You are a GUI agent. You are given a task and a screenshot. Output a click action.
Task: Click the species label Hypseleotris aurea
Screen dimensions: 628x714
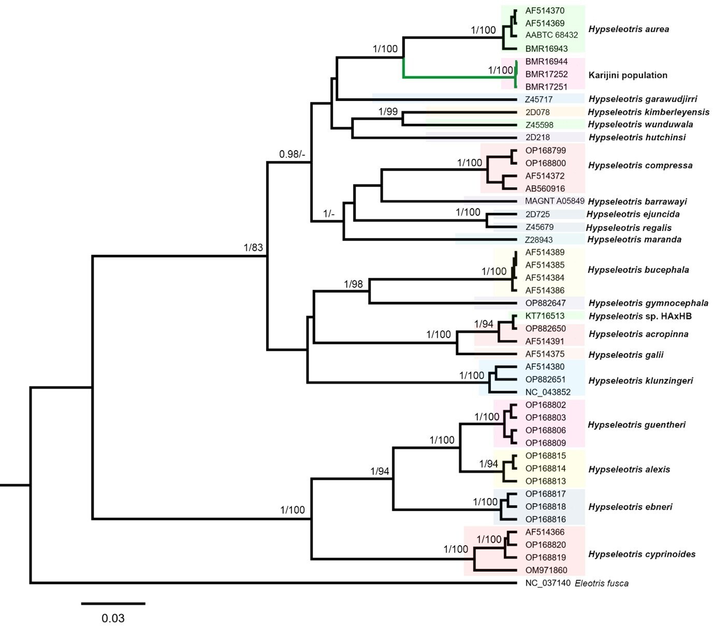[x=628, y=30]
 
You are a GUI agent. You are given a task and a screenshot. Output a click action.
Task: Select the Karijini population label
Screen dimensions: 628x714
[x=628, y=75]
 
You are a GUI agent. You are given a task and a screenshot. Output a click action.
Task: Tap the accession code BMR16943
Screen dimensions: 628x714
[x=546, y=49]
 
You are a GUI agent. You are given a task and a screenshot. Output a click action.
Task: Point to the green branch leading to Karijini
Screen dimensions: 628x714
[x=456, y=77]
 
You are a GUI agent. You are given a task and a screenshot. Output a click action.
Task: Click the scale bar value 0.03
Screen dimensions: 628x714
[x=113, y=618]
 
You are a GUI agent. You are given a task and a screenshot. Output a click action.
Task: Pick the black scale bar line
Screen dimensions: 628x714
[x=113, y=603]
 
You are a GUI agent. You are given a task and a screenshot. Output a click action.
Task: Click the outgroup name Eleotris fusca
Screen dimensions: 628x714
[x=602, y=583]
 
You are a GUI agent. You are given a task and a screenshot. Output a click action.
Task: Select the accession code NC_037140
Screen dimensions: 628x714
[x=548, y=583]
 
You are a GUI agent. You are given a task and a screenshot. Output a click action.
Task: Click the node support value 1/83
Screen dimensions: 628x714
[x=253, y=248]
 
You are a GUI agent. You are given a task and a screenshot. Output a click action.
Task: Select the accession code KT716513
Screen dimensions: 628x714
[x=545, y=316]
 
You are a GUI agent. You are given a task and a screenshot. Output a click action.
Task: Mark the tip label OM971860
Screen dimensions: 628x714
[x=546, y=570]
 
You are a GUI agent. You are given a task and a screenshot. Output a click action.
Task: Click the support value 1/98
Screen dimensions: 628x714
[x=354, y=284]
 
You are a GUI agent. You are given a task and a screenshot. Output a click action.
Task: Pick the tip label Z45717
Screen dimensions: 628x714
[x=538, y=99]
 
